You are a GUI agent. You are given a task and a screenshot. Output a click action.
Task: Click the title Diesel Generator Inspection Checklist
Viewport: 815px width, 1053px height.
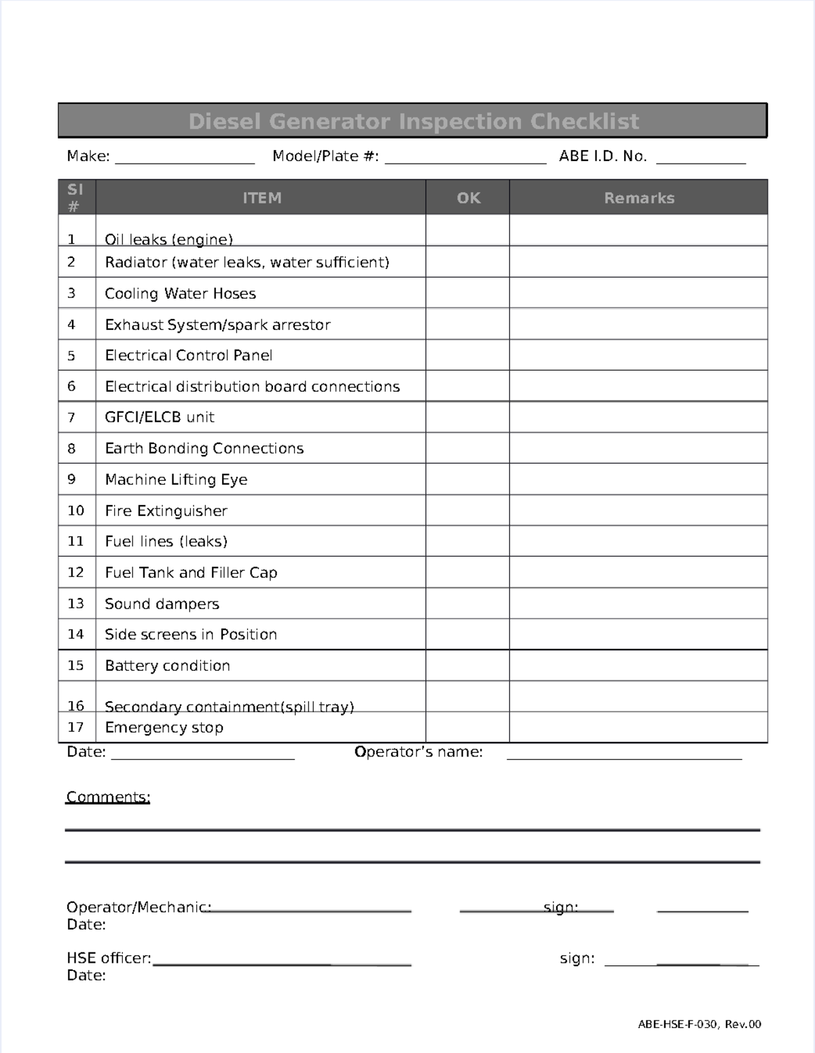413,122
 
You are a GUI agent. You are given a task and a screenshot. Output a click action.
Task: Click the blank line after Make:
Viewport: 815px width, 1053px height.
185,158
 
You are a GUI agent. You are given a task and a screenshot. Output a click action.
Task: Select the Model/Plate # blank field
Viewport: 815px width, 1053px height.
465,158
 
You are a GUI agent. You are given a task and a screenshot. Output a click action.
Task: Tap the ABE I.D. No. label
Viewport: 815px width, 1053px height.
602,156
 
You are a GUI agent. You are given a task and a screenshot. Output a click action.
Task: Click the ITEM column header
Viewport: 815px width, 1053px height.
261,198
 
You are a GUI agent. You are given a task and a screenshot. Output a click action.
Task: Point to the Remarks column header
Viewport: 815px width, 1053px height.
638,198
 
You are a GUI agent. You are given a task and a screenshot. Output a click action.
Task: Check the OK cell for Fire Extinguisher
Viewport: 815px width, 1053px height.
467,510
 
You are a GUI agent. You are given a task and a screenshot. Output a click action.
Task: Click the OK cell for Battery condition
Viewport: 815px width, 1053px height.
467,665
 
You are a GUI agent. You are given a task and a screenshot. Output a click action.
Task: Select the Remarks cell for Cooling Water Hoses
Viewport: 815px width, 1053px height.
638,293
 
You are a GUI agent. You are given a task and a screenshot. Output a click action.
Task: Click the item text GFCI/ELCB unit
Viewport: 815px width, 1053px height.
160,417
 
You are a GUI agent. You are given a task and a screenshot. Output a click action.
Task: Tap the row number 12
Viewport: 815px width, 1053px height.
75,572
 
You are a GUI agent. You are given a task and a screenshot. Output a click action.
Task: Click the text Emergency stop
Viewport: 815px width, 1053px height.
164,727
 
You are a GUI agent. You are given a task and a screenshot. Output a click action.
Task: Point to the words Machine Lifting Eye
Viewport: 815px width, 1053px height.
176,479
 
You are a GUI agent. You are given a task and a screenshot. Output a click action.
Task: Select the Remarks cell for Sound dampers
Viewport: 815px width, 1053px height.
638,603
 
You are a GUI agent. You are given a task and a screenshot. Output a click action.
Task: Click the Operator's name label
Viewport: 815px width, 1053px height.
418,752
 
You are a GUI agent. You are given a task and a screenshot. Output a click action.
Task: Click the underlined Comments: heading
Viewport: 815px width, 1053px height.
108,797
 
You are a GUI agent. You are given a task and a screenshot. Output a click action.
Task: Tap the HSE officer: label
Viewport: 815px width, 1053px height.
109,958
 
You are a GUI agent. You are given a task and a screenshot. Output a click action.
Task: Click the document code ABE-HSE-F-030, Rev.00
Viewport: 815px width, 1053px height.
699,1024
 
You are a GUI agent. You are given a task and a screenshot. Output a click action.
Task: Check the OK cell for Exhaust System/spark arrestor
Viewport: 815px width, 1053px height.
467,324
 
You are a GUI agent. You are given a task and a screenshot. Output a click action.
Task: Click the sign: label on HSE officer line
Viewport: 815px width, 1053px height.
577,958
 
